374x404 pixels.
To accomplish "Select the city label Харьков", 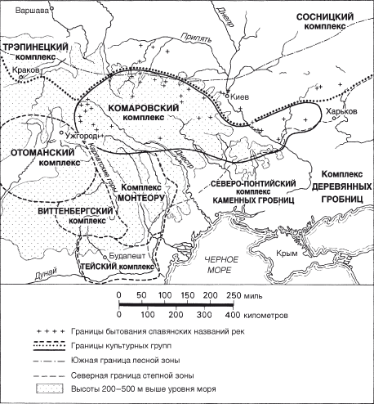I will coord(341,109).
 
